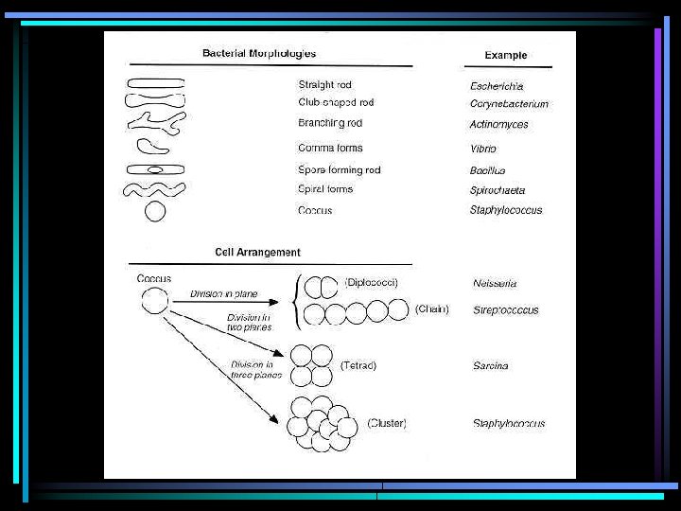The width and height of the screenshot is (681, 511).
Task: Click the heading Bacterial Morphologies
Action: pyautogui.click(x=259, y=53)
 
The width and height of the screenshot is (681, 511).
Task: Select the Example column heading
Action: pyautogui.click(x=506, y=55)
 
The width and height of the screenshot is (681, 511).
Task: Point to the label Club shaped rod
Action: pyautogui.click(x=336, y=102)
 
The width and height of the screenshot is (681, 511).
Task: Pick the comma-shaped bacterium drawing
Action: pyautogui.click(x=152, y=147)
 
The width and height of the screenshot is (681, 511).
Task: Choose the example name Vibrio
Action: pyautogui.click(x=483, y=150)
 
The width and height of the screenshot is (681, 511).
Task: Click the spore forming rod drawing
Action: pyautogui.click(x=155, y=169)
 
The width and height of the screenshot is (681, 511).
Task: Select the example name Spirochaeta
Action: pyautogui.click(x=498, y=191)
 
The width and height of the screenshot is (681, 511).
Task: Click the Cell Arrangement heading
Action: pyautogui.click(x=257, y=253)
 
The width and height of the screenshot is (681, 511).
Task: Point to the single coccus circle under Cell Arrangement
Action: pyautogui.click(x=155, y=302)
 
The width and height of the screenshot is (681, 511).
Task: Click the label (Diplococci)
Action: pyautogui.click(x=371, y=282)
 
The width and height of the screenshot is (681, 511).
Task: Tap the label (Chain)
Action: pyautogui.click(x=431, y=309)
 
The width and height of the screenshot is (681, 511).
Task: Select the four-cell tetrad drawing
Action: pyautogui.click(x=311, y=365)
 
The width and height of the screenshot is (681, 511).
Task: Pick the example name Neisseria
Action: pyautogui.click(x=495, y=283)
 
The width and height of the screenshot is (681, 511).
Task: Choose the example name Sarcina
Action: pyautogui.click(x=490, y=366)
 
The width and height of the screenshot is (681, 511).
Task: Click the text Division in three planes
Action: pyautogui.click(x=252, y=369)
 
